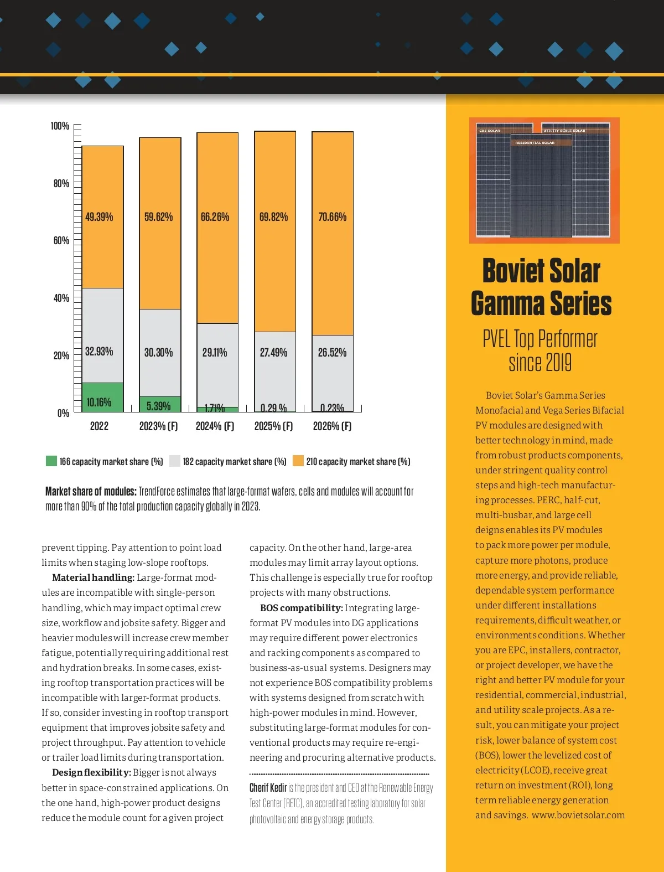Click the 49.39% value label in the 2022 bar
(x=99, y=217)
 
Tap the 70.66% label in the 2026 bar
(x=332, y=217)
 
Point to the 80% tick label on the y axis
(x=61, y=183)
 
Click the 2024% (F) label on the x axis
(x=215, y=426)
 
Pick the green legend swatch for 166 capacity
(x=51, y=461)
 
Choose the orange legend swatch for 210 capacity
(x=298, y=461)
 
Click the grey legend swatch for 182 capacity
(x=175, y=461)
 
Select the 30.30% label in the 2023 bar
(x=158, y=352)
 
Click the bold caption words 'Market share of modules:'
(x=91, y=491)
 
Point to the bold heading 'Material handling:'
(x=93, y=577)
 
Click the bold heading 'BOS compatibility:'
(x=302, y=608)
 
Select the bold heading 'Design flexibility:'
(x=91, y=772)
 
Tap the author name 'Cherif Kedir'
(x=268, y=788)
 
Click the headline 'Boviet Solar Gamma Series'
(x=541, y=287)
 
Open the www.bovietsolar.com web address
(x=578, y=815)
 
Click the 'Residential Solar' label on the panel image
(x=535, y=143)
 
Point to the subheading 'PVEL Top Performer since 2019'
(x=540, y=350)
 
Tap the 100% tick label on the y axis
(x=60, y=126)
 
